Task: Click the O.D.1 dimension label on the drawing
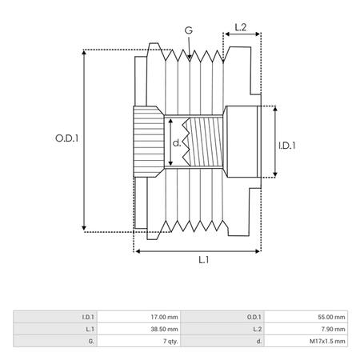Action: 66,138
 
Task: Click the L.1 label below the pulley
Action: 204,259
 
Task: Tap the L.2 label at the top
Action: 240,27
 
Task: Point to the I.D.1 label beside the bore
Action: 287,146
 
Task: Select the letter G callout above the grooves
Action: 189,30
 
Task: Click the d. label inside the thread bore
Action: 177,143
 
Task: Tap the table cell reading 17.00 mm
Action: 139,317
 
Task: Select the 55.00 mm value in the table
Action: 306,317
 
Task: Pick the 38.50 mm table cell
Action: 139,329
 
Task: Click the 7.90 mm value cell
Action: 306,329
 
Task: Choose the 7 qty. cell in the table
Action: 139,341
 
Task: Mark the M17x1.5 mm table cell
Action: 306,341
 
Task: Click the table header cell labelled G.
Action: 55,341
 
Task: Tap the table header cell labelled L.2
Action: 222,329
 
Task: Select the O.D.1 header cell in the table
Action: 222,317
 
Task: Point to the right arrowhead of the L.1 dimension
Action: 259,251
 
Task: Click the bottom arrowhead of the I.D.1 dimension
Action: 275,176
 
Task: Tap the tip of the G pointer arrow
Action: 190,59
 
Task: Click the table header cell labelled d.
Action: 222,341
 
